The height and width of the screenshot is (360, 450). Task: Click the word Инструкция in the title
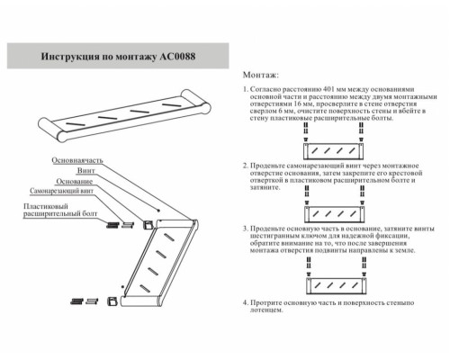tap(72, 55)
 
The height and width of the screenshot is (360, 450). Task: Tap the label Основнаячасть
tap(76, 159)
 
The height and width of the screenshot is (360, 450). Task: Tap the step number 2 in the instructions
tap(246, 167)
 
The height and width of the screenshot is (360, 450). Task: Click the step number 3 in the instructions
tap(246, 229)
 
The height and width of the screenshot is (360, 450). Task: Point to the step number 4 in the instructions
tap(246, 304)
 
